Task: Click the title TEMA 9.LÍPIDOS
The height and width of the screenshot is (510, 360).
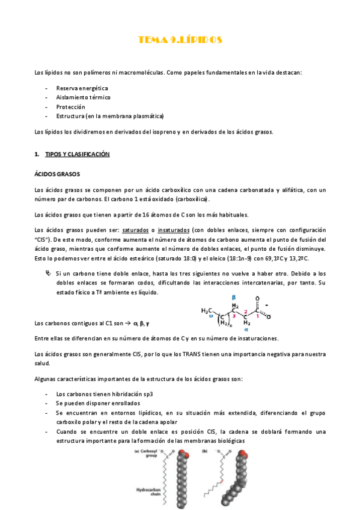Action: click(x=180, y=40)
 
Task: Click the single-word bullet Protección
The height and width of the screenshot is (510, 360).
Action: click(x=71, y=106)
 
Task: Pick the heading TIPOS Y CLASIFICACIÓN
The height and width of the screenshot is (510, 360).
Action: click(x=77, y=155)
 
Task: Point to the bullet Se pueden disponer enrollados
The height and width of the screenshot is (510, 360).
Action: click(x=99, y=403)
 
